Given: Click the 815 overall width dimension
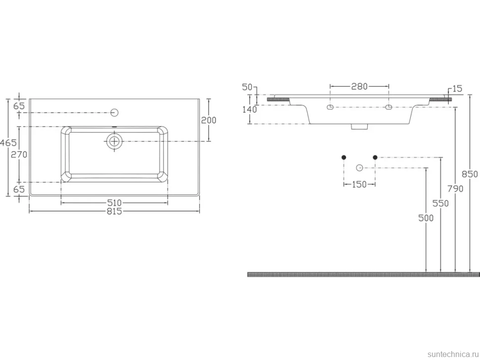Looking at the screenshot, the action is pos(114,211).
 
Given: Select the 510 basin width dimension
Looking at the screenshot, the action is pos(114,202).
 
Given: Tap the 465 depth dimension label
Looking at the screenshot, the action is pos(8,143).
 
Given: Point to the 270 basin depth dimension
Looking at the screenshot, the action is pos(19,155).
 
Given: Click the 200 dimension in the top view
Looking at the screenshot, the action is pos(208,120).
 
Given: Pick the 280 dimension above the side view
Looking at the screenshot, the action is pos(359,87).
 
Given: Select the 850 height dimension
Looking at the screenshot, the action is pos(470,174).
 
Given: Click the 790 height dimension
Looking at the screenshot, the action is pos(456,189).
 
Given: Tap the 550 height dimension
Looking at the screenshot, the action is pos(440,203).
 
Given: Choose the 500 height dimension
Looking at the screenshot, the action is pos(426,218).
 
